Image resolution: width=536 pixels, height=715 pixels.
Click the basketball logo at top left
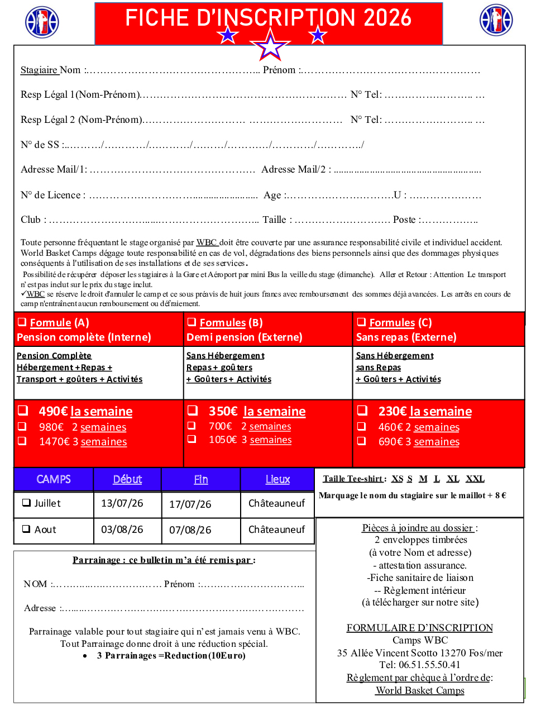click(42, 22)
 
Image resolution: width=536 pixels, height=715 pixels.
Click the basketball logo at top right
click(496, 20)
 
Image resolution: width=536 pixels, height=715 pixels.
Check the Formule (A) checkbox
click(22, 322)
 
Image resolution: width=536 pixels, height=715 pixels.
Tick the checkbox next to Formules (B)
click(192, 322)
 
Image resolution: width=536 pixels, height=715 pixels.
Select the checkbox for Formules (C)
click(361, 322)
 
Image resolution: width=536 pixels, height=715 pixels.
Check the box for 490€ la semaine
click(23, 411)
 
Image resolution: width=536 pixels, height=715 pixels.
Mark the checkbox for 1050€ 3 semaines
click(192, 439)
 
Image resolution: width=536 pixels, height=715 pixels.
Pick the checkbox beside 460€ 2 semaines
click(362, 426)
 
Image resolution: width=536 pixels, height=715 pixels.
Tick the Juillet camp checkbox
click(26, 503)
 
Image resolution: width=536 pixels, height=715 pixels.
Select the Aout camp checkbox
click(26, 529)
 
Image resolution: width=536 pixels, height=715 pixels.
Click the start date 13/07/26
click(122, 503)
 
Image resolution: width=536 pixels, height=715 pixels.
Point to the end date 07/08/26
click(190, 530)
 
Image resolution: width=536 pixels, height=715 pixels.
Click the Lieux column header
click(277, 479)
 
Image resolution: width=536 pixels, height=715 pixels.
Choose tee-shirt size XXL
click(475, 479)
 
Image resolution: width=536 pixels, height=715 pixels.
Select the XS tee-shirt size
click(397, 479)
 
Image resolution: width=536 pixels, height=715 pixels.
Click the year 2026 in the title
click(387, 18)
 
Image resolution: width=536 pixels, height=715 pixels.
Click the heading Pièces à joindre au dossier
click(418, 528)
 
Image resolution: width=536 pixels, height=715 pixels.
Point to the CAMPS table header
click(54, 479)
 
